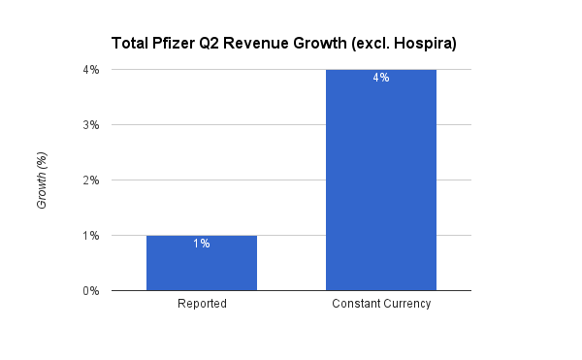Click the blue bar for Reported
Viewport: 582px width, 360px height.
coord(202,263)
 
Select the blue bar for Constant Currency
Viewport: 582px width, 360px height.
coord(381,180)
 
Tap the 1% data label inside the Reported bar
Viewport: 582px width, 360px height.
coord(202,244)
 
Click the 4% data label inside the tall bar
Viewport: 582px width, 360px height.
coord(381,78)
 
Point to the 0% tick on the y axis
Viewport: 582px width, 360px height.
coord(90,291)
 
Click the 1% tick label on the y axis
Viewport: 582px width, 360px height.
coord(90,236)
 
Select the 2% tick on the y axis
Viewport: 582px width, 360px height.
coord(90,180)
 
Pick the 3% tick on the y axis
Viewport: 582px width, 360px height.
coord(90,125)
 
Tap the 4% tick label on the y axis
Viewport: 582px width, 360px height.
coord(90,70)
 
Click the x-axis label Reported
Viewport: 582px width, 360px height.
coord(202,305)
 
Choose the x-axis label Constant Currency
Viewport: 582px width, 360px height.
coord(381,305)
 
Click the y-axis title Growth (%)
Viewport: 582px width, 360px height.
coord(42,180)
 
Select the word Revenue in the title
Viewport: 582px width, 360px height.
coord(252,43)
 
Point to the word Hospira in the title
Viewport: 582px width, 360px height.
coord(423,43)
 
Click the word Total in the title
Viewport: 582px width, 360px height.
coord(131,43)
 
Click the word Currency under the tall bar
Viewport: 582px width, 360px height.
coord(407,305)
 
